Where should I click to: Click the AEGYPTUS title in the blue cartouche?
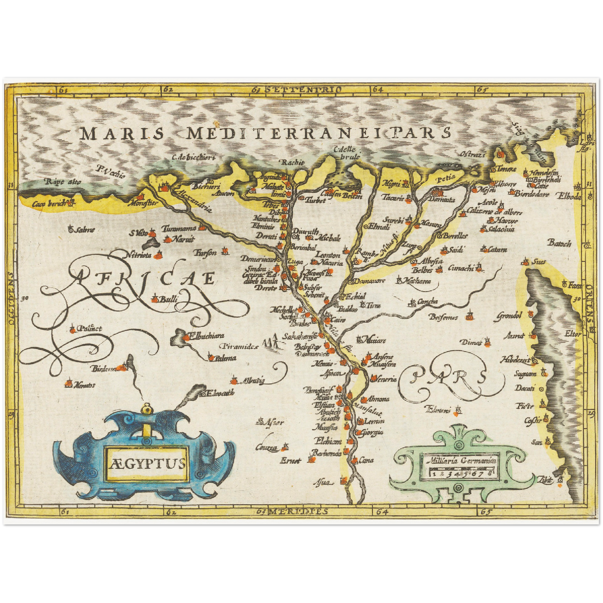[x=148, y=463]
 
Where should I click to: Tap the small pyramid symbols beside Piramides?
[x=272, y=343]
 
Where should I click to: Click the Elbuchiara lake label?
[x=207, y=336]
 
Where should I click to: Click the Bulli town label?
[x=169, y=299]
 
